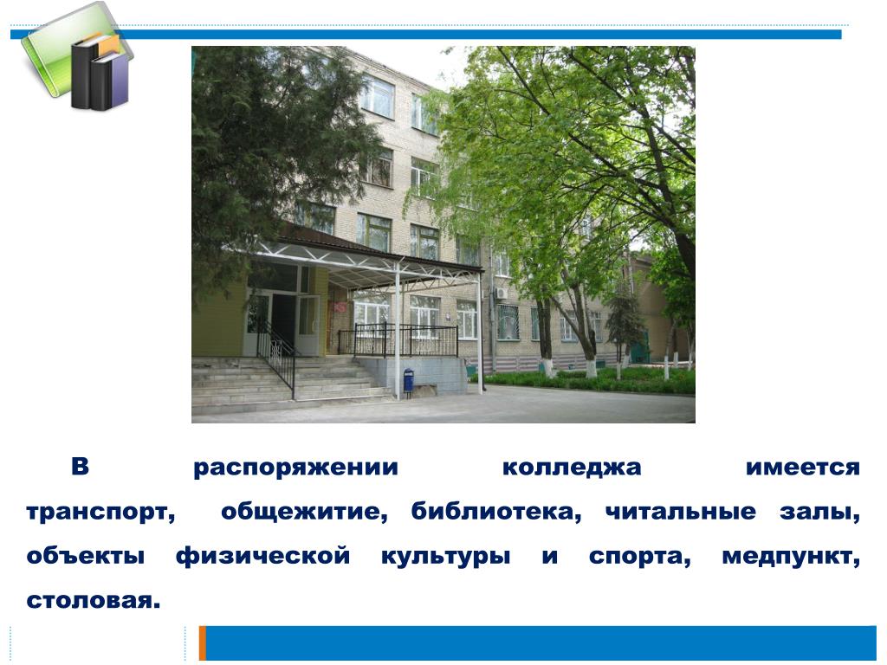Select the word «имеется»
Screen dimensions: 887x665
803,468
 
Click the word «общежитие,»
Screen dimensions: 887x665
304,513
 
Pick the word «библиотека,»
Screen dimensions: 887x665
496,511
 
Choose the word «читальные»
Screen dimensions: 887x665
681,512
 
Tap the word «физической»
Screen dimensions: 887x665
263,557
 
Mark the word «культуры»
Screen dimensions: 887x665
446,558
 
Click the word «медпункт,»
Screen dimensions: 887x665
791,558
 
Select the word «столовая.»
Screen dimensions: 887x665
94,601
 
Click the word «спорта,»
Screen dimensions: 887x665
640,558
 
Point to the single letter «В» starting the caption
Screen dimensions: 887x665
81,467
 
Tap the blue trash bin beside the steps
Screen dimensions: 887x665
409,380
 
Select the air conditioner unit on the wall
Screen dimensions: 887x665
501,294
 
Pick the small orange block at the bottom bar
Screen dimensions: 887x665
203,643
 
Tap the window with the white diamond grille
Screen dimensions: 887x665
508,322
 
